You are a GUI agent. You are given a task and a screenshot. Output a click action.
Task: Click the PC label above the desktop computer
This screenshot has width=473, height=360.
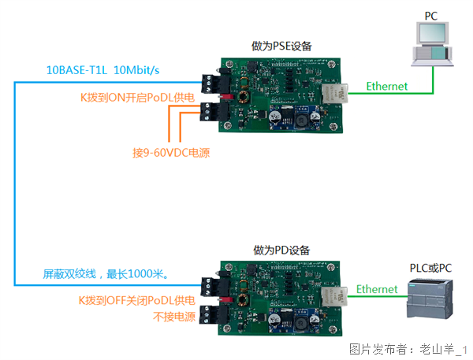point(430,16)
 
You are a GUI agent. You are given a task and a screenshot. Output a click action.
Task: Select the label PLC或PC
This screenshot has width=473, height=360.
point(430,269)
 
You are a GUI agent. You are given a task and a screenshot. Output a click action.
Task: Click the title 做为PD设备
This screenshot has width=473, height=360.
point(281,250)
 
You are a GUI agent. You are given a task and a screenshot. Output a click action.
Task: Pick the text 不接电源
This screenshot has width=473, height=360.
point(173,316)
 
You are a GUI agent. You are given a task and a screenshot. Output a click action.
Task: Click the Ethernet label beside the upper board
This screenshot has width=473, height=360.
point(387,86)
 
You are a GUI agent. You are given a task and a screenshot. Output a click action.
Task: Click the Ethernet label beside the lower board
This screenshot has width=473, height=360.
point(377,289)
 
